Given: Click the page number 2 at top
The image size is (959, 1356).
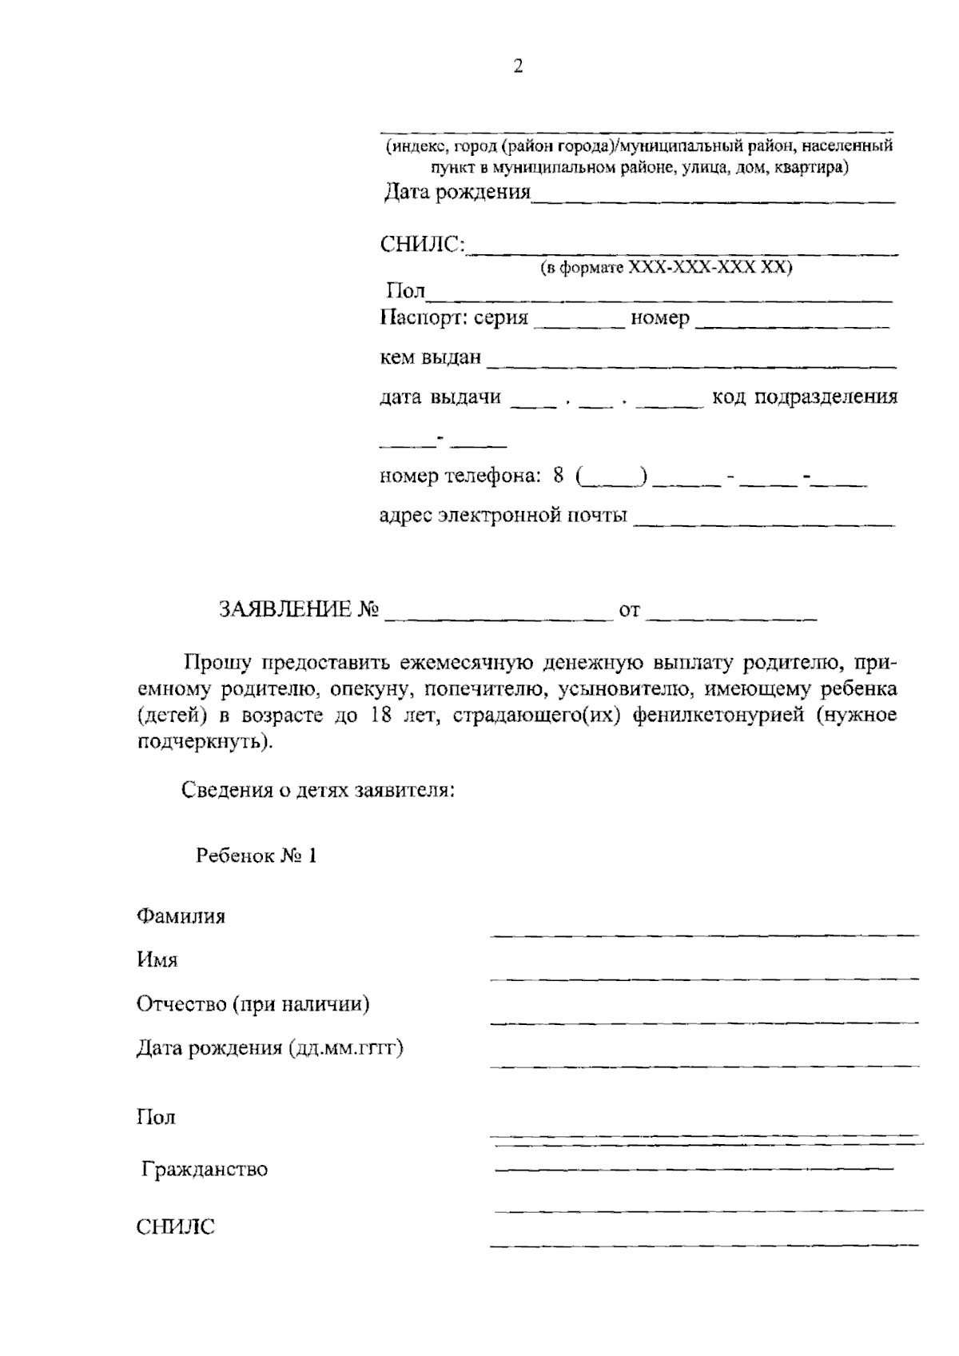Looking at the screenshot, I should [518, 66].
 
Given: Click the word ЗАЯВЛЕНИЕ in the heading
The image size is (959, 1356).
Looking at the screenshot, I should [285, 611].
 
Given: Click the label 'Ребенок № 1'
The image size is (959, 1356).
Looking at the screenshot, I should [257, 855].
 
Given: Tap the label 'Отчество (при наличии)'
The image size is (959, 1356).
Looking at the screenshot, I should [253, 1003].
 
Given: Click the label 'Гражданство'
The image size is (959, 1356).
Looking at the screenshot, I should [205, 1169].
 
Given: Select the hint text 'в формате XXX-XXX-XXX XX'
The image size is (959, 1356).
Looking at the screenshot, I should [666, 268].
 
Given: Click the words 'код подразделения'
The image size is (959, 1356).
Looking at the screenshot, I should [804, 397].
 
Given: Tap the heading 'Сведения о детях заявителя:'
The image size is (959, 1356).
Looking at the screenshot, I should [319, 791].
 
